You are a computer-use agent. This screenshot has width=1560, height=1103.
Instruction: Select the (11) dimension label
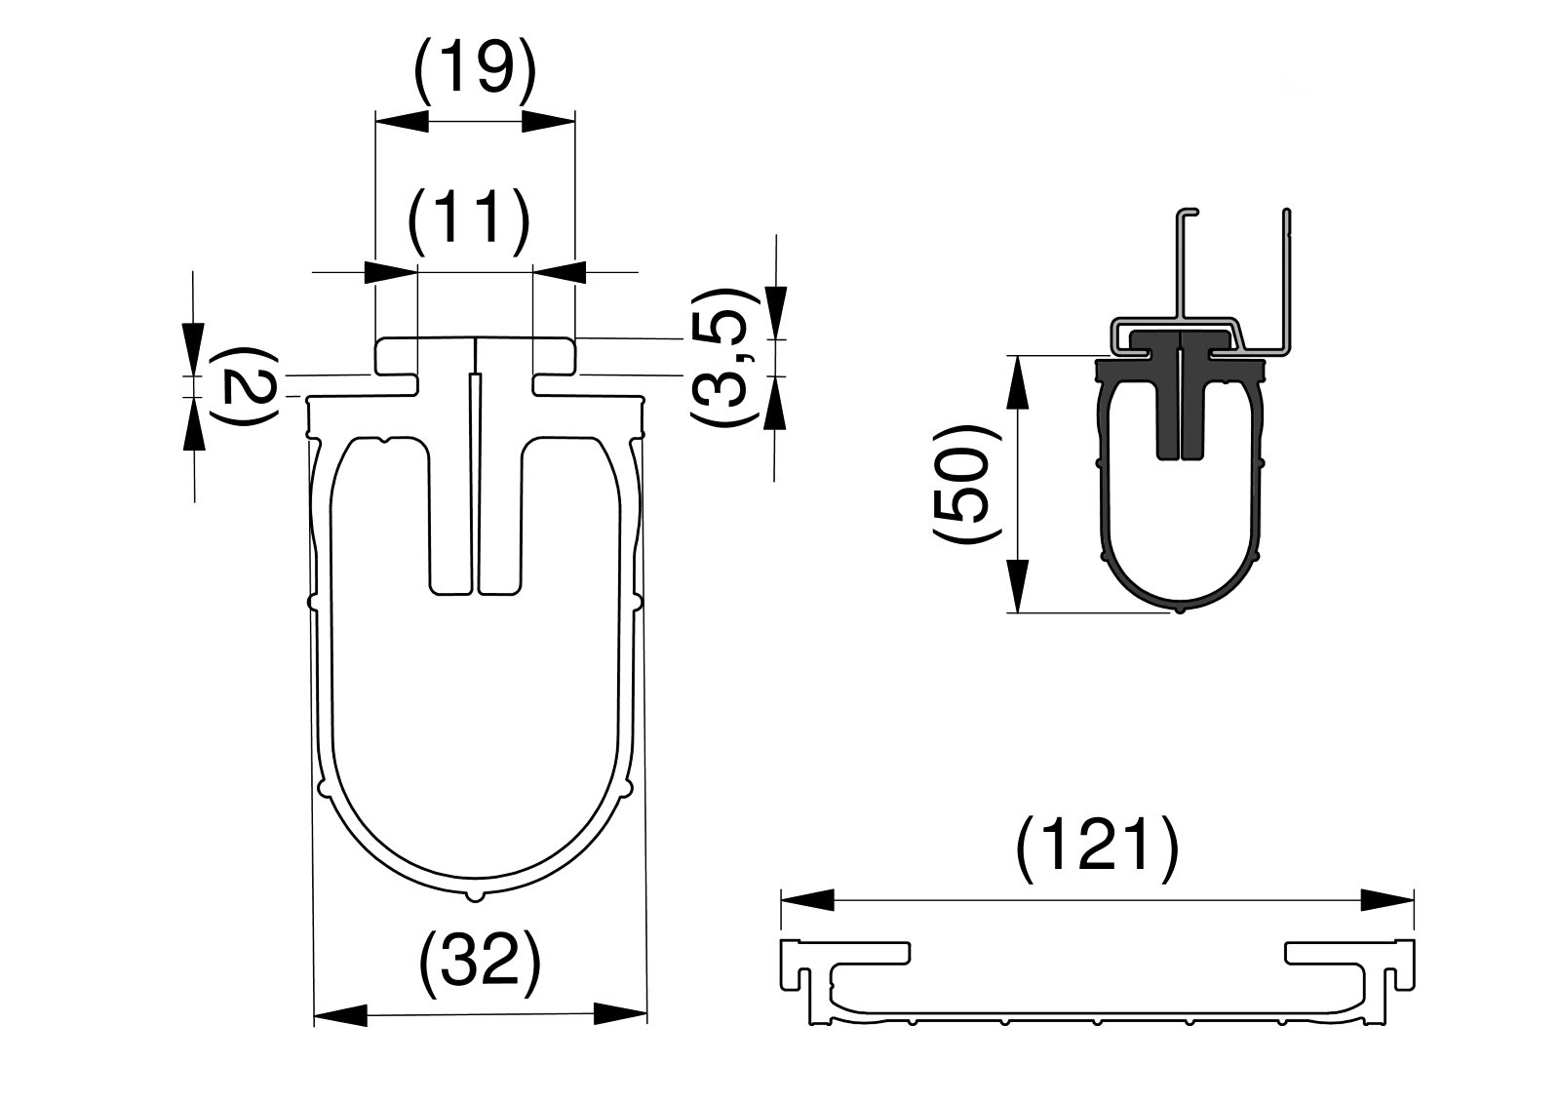tap(468, 218)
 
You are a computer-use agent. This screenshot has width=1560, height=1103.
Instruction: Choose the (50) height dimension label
tap(965, 485)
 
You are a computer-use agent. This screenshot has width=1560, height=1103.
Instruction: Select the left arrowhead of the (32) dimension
tap(340, 1015)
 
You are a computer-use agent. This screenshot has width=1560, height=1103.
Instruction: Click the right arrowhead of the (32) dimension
tap(620, 1014)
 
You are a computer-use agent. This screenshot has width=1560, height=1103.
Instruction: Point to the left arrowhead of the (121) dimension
tap(808, 899)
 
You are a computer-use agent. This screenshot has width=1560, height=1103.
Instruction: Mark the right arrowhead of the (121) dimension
tap(1387, 899)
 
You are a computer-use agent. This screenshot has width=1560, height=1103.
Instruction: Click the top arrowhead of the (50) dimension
tap(1018, 382)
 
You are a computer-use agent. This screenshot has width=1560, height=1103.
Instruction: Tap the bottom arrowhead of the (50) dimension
tap(1018, 586)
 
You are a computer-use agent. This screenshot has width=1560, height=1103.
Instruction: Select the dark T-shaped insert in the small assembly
tap(1180, 394)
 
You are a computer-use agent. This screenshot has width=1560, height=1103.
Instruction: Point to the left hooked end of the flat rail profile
tap(844, 965)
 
